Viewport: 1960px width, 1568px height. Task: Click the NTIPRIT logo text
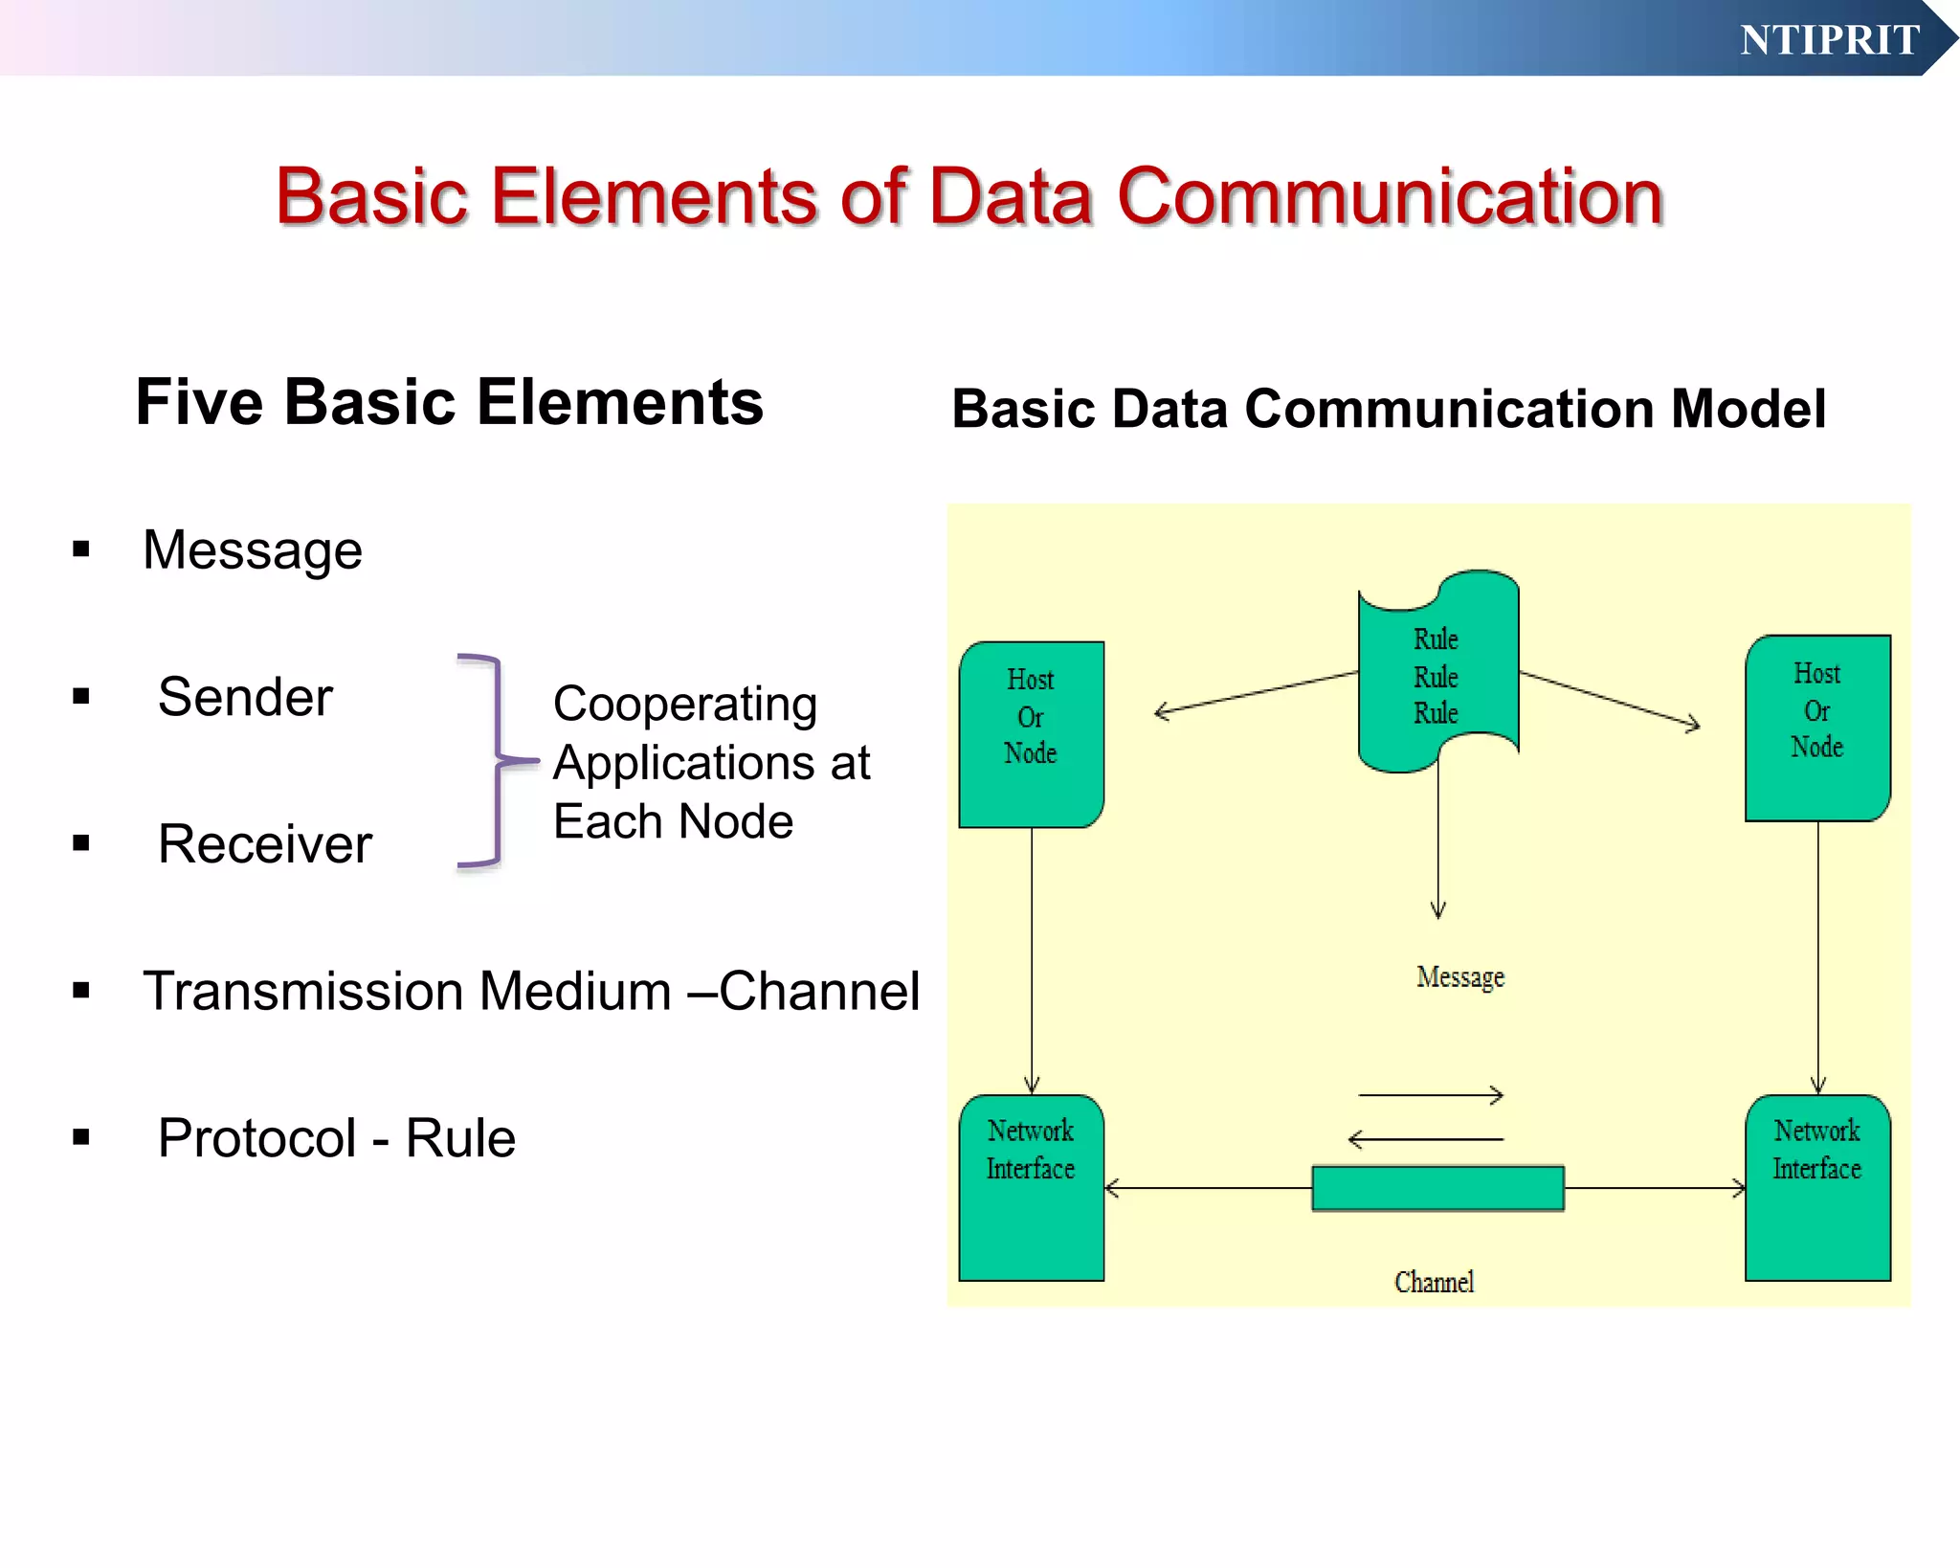pos(1829,40)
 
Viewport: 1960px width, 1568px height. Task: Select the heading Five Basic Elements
pos(449,402)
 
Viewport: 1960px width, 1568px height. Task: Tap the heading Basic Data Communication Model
pos(1388,409)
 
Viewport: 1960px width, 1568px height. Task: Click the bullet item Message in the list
pos(252,550)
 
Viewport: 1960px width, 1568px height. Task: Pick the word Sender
pos(245,697)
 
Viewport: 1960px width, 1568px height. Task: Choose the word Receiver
pos(264,844)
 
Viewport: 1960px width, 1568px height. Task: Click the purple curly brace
pos(494,761)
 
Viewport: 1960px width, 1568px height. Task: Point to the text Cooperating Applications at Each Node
pos(711,763)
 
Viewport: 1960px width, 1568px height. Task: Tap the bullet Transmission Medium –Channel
pos(530,991)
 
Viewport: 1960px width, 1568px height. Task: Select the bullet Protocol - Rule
pos(336,1138)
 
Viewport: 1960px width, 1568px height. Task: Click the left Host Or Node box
pos(1031,734)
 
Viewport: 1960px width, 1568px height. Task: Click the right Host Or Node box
pos(1816,728)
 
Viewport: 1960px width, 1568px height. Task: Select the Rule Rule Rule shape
pos(1437,675)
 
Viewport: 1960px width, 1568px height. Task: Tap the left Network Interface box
pos(1031,1188)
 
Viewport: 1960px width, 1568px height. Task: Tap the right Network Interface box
pos(1816,1188)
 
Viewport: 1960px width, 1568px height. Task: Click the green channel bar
pos(1437,1188)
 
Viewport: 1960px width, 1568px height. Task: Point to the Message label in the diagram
pos(1459,977)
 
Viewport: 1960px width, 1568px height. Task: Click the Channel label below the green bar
pos(1434,1282)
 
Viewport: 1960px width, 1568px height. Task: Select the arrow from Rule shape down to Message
pos(1437,842)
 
